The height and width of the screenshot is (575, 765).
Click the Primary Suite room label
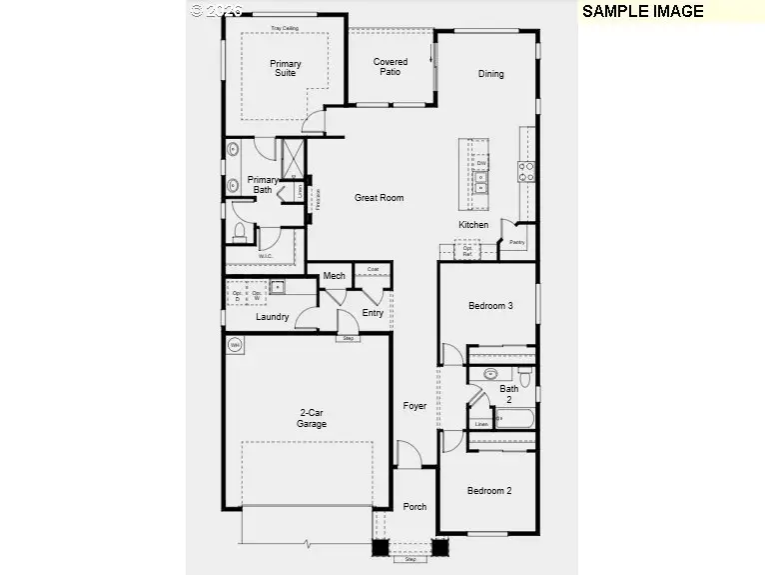(286, 68)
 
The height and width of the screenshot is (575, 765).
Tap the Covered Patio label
(390, 67)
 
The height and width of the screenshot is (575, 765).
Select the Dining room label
(490, 73)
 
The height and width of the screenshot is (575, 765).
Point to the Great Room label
(380, 198)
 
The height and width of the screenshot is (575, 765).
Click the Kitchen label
(473, 225)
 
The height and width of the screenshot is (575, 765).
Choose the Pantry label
(516, 242)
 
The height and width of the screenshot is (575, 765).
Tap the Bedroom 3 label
(490, 306)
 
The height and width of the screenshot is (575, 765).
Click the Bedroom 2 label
(489, 491)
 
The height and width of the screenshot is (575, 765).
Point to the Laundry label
(272, 317)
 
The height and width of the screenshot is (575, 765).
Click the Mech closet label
(334, 276)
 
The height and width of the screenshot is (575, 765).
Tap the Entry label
(373, 313)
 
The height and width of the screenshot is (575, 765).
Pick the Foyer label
(414, 406)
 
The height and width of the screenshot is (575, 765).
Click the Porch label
(414, 507)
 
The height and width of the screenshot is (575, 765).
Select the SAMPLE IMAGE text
(643, 12)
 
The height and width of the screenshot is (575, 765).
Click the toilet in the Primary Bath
(239, 232)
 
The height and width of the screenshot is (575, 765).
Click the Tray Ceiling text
(285, 28)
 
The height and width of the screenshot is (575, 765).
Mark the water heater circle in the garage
(236, 345)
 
